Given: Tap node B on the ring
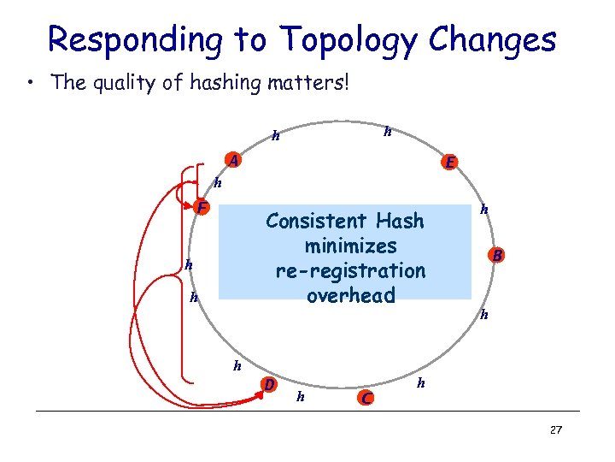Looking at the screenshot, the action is coord(497,254).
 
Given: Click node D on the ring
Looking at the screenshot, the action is coord(269,384).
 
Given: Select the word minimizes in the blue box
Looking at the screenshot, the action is coord(350,246).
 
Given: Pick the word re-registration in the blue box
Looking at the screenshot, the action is coord(350,270).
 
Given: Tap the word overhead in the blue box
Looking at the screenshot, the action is coord(350,296).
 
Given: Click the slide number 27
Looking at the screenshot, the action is coord(555,429).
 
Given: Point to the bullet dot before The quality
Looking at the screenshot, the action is coord(31,84).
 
